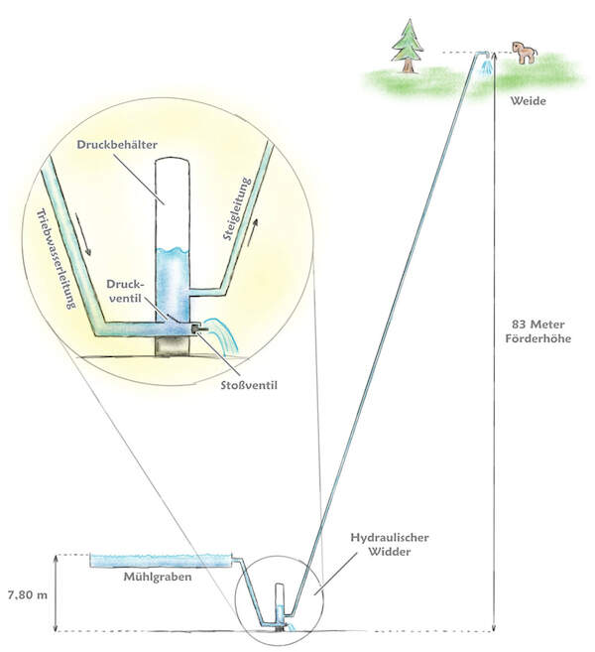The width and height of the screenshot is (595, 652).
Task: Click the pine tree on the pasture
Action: coord(407,47)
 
